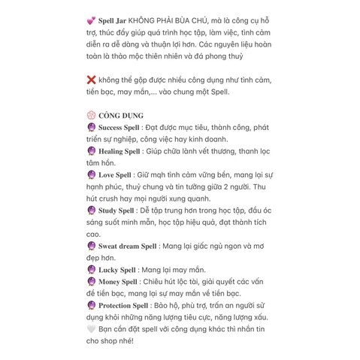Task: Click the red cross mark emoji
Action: coord(91,80)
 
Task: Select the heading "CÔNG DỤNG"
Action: coord(123,116)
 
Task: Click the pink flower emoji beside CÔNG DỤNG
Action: coord(91,116)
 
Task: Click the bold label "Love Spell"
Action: coord(115,174)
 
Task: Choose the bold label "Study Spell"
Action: coord(116,210)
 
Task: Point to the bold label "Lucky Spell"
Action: coord(117,269)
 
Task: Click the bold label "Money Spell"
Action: coord(118,281)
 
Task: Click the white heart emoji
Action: coord(91,328)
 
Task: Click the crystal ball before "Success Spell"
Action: coord(91,128)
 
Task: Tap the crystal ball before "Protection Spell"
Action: coord(91,305)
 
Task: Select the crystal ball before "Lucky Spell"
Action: coord(91,269)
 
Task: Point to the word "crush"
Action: coord(113,198)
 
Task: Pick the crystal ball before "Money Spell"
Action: coord(91,281)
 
